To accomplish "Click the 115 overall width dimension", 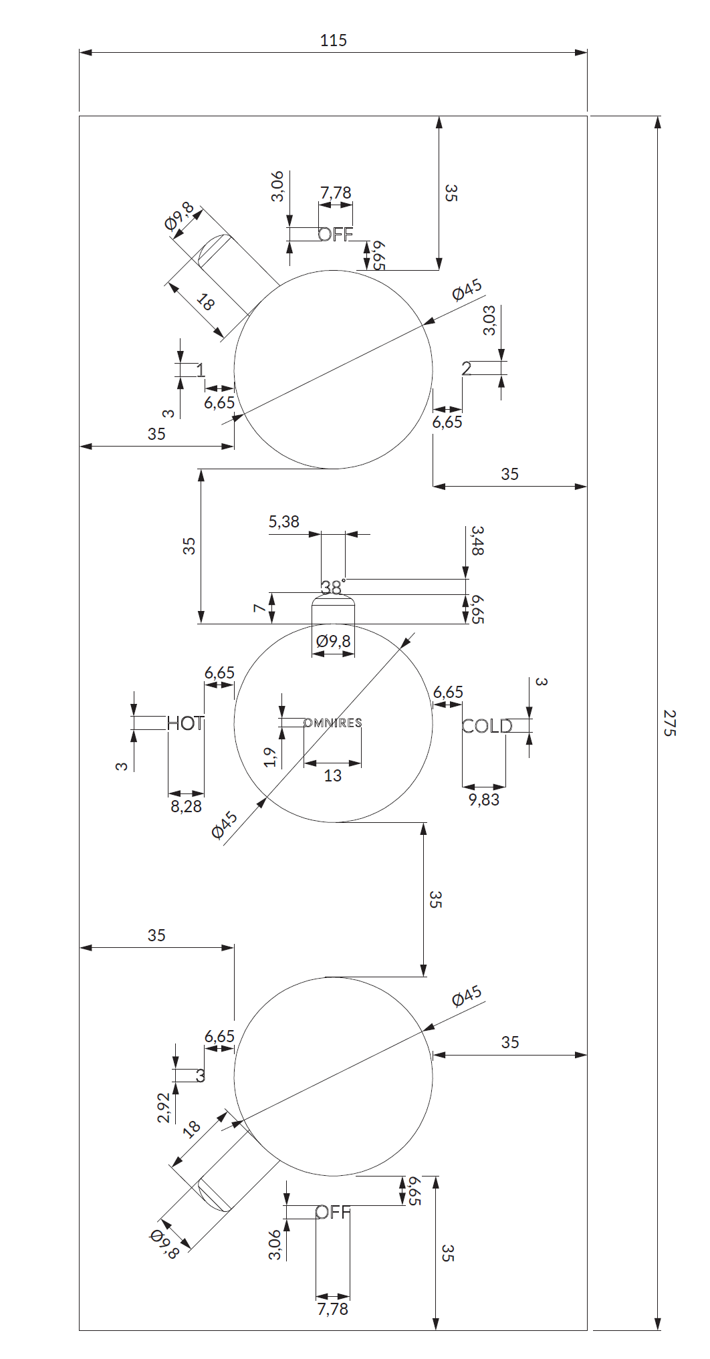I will coord(333,41).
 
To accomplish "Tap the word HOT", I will coord(185,723).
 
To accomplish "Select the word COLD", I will coord(487,726).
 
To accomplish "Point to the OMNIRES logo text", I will coord(333,723).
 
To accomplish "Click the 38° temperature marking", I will coord(332,587).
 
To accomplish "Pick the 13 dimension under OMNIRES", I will coord(332,775).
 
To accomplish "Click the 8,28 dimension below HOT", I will coord(186,807).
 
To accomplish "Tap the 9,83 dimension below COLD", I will coord(484,799).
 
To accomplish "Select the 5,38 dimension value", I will coord(284,522).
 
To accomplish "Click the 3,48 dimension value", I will coord(477,541).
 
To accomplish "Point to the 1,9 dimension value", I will coord(270,757).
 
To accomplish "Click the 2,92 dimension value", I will coord(164,1108).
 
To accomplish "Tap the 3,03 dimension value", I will coord(489,321).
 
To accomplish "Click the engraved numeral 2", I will coord(467,368).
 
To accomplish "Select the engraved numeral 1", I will coord(200,370).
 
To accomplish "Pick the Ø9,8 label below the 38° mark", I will coord(333,641).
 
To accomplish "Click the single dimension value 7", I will coord(259,608).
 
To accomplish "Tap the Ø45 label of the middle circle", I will coord(225,825).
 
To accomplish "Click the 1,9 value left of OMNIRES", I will coord(270,757).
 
